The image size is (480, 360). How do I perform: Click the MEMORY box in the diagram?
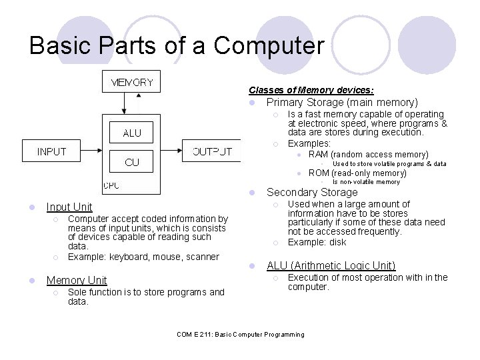point(131,83)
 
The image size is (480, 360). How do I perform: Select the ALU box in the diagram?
point(132,133)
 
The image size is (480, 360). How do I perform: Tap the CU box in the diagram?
point(132,162)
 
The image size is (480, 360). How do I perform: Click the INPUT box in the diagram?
point(52,151)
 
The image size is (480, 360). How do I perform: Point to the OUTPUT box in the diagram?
point(212,151)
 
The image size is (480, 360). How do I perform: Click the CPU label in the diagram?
point(111,185)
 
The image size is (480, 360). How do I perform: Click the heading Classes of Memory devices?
point(311,90)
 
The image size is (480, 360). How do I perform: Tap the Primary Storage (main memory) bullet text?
point(342,103)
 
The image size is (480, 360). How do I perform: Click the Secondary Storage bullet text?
point(311,193)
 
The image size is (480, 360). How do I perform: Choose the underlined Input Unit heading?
point(69,207)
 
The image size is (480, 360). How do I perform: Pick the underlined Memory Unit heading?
point(77,281)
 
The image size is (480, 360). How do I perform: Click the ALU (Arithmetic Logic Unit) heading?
point(331,266)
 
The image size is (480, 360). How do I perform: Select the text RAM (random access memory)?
point(368,154)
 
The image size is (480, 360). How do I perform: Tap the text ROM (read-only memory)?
point(357,173)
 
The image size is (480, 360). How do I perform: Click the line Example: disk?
point(317,242)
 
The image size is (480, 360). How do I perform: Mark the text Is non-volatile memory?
point(366,182)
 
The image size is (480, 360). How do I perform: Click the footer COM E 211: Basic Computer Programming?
point(240,335)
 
